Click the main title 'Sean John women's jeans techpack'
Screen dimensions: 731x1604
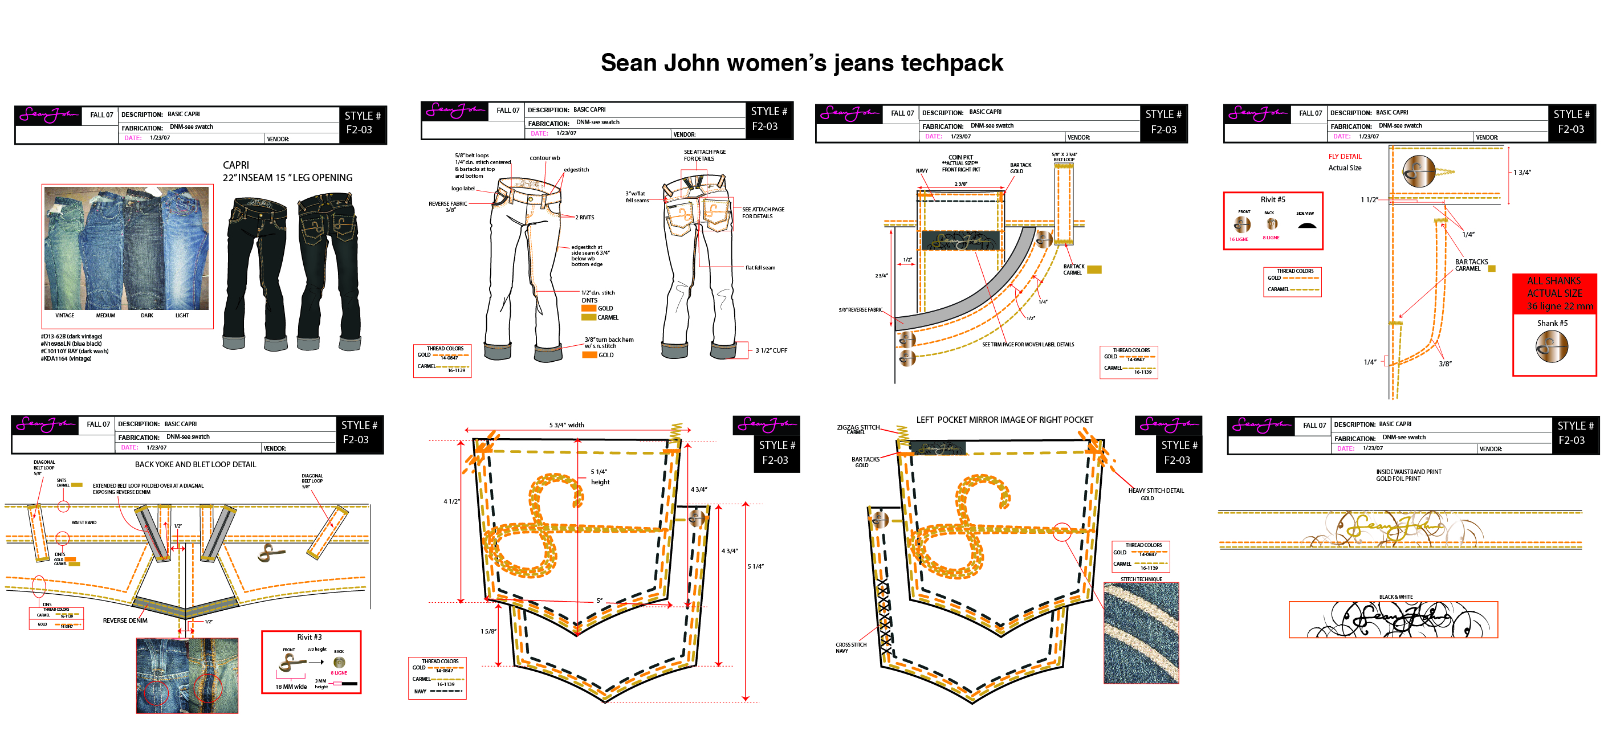click(801, 63)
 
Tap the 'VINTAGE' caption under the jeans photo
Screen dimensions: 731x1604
click(64, 316)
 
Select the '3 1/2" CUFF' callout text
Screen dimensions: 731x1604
click(771, 350)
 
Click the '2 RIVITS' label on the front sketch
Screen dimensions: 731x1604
click(585, 217)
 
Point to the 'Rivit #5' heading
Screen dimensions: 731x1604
click(1272, 200)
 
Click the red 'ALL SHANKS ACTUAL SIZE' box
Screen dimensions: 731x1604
click(1554, 293)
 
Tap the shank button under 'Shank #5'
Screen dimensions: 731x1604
click(1551, 346)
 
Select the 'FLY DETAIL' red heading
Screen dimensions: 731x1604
click(1345, 157)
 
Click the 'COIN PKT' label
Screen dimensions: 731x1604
click(960, 157)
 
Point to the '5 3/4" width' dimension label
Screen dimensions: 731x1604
click(566, 425)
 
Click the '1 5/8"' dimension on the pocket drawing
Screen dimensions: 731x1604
click(488, 631)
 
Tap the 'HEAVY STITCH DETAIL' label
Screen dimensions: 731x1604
click(1155, 491)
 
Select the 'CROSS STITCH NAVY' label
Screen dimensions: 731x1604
click(850, 648)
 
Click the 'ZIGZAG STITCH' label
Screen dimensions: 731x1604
click(857, 428)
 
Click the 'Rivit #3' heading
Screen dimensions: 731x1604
click(309, 637)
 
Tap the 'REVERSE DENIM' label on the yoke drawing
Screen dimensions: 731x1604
click(125, 621)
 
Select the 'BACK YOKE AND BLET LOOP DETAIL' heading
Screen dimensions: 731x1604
click(196, 464)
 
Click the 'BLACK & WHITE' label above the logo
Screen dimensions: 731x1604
click(1395, 597)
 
